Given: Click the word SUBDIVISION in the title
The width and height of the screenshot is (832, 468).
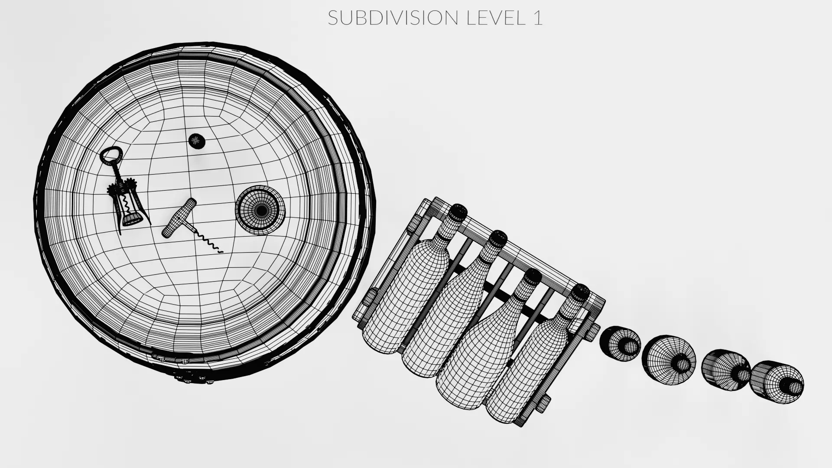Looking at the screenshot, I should pyautogui.click(x=393, y=18).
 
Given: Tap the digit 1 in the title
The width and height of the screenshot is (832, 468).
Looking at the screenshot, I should pyautogui.click(x=537, y=18).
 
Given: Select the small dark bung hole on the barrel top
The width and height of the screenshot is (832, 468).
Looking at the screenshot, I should pyautogui.click(x=197, y=140).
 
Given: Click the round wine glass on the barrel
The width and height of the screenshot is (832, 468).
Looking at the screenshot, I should pyautogui.click(x=260, y=210).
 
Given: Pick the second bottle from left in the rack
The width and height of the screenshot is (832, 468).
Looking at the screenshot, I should pyautogui.click(x=451, y=316).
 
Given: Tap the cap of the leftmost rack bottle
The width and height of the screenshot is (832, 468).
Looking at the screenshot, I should pyautogui.click(x=457, y=212).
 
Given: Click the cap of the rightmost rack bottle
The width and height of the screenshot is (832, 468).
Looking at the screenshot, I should pyautogui.click(x=579, y=292).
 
